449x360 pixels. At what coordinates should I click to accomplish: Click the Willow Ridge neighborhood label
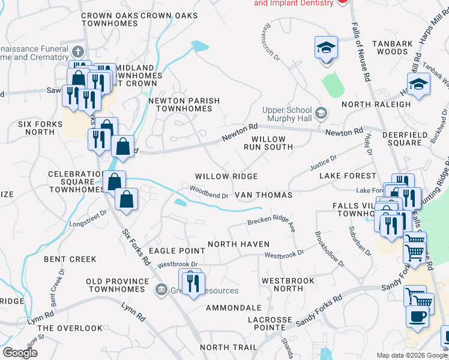[226, 176]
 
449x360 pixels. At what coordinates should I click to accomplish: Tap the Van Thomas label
[263, 195]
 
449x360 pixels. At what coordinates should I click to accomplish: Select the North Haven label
[238, 244]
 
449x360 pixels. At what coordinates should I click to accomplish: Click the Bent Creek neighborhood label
[70, 259]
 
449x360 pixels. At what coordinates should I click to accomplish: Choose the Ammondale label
[234, 308]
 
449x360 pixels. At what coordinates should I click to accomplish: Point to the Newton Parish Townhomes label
[184, 104]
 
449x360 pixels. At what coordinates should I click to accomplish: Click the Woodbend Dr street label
[209, 194]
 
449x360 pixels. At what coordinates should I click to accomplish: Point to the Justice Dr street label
[323, 162]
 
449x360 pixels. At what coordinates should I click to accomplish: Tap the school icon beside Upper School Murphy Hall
[321, 112]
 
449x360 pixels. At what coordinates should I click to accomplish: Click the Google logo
[20, 353]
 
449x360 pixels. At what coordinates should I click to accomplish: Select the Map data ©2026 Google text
[411, 355]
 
